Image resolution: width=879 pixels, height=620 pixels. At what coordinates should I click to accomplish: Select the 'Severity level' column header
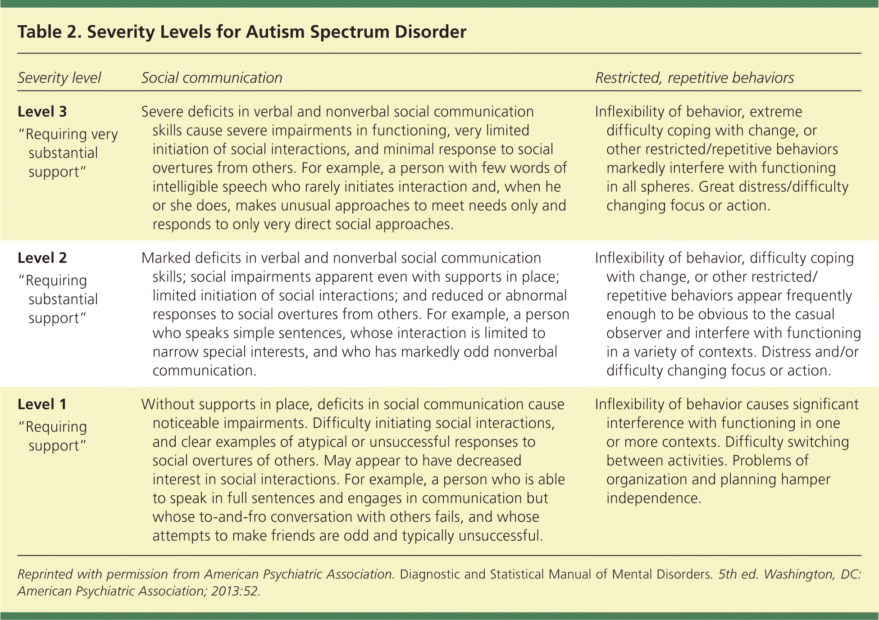point(59,78)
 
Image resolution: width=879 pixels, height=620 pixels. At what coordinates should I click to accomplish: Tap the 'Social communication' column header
point(212,78)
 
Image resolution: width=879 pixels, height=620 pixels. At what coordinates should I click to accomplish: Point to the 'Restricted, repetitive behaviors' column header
point(694,78)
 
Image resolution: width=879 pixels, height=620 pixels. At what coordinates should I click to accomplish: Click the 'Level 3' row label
point(42,112)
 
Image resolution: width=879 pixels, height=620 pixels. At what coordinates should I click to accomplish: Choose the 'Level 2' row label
point(42,258)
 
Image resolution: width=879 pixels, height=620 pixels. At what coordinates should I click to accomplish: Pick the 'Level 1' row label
point(42,404)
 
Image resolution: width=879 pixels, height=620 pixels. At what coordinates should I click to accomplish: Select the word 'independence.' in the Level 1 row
point(654,498)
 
